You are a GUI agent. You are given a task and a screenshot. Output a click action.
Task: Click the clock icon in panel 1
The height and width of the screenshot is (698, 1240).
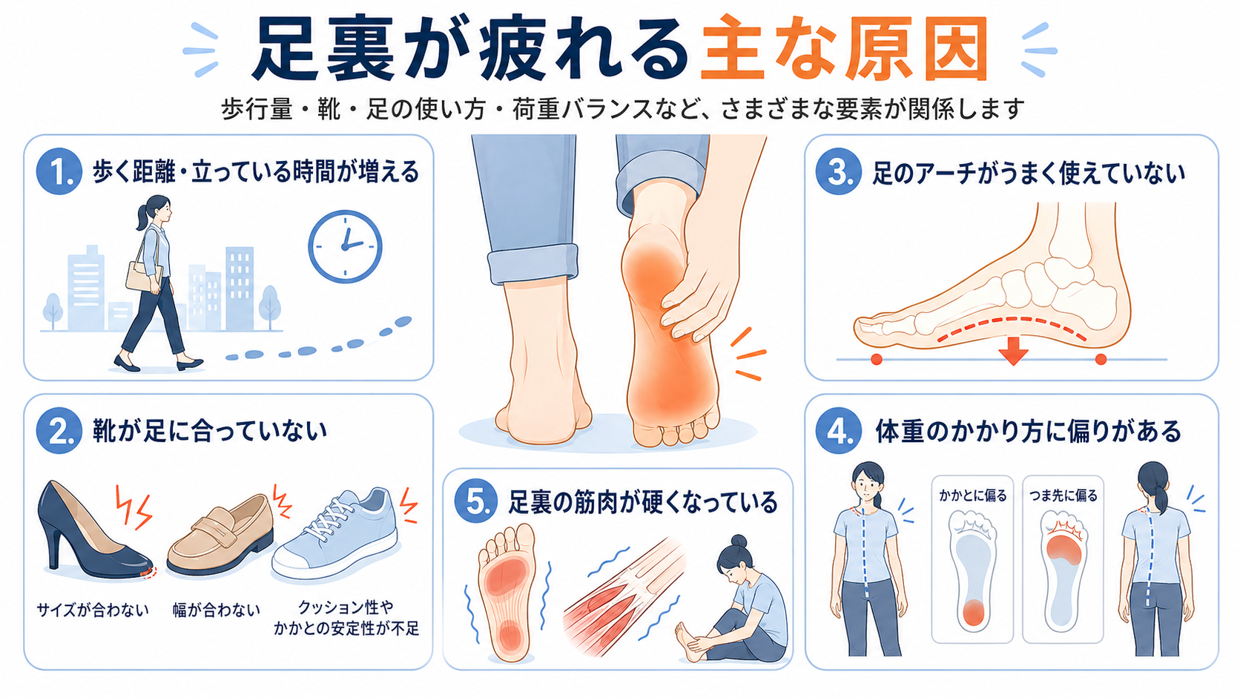(x=345, y=246)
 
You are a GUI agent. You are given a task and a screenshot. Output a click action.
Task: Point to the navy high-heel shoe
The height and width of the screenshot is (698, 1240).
(x=91, y=531)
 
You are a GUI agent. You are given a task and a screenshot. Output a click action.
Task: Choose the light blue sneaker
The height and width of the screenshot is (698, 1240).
(x=335, y=534)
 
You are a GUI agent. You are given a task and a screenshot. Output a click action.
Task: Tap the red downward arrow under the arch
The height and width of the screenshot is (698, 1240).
(x=1013, y=351)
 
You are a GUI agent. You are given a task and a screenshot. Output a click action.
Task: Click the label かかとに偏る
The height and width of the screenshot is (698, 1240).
(x=972, y=495)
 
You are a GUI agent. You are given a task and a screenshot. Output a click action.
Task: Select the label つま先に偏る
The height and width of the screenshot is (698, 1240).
(x=1063, y=495)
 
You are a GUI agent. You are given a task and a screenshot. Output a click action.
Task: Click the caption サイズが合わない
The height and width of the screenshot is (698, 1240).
(x=93, y=610)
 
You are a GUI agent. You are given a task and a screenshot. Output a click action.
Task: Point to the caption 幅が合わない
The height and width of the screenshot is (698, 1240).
(x=216, y=610)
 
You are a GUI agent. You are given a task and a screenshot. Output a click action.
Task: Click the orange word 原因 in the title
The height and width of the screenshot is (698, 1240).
(x=916, y=50)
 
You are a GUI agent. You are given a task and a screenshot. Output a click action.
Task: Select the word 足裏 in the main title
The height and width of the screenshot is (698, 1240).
(x=324, y=50)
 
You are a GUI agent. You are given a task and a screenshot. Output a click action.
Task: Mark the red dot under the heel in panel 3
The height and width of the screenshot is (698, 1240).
(x=1101, y=359)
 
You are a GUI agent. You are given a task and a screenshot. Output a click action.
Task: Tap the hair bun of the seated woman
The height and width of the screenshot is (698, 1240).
(x=739, y=541)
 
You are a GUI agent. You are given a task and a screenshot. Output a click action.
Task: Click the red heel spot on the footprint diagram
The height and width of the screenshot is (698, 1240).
(x=973, y=613)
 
